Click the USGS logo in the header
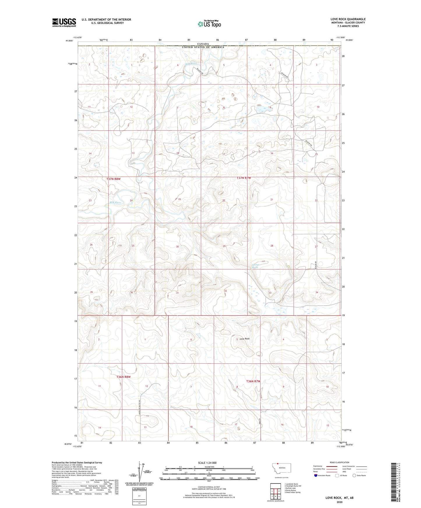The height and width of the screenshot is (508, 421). [x=64, y=22]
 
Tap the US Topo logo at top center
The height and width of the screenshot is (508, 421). [x=209, y=24]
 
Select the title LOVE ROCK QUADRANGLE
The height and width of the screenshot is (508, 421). [x=348, y=19]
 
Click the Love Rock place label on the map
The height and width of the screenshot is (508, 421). [x=244, y=339]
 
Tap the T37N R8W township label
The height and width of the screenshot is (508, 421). [x=113, y=179]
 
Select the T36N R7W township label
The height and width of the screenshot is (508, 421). [x=253, y=381]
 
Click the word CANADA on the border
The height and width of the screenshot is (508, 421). [x=203, y=44]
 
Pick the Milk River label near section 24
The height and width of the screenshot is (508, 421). [x=115, y=203]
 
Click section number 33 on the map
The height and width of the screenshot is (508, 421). [x=270, y=293]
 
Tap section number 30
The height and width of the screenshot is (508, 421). [x=177, y=246]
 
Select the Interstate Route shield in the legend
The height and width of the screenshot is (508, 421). [x=316, y=475]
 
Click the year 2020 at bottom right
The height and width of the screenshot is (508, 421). [x=339, y=502]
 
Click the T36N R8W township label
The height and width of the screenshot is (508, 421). [x=124, y=377]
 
